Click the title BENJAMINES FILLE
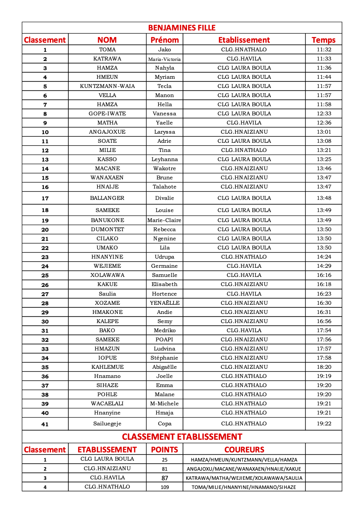coord(182,28)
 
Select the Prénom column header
coord(164,40)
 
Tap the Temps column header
coord(323,40)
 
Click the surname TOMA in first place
coord(107,50)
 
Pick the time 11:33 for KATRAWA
coord(324,59)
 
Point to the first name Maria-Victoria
coord(164,59)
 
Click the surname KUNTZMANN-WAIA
coord(107,86)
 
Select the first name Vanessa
coord(164,114)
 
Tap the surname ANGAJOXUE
coord(107,132)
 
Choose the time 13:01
coord(324,132)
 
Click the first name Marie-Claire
coord(164,220)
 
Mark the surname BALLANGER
coord(107,198)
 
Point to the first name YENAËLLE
coord(164,303)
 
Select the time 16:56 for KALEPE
coord(324,321)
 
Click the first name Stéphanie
coord(164,358)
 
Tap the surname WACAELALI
coord(107,404)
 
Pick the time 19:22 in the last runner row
coord(324,424)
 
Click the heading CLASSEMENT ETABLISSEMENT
coord(182,437)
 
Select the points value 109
coord(164,487)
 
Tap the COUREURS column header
coord(244,449)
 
